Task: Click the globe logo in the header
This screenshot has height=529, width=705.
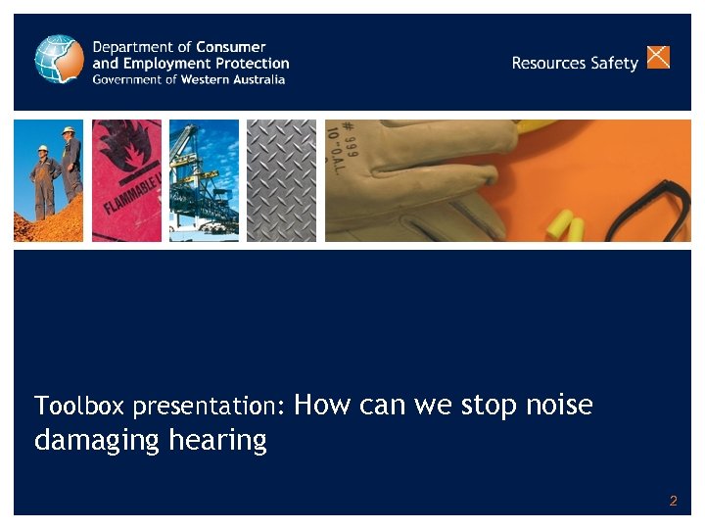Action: tap(60, 59)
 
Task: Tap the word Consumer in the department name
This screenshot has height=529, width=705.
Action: tap(231, 47)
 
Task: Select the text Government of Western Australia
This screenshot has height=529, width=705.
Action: tap(189, 79)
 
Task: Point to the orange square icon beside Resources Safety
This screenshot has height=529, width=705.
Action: tap(659, 57)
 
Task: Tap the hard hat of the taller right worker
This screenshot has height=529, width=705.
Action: tap(68, 130)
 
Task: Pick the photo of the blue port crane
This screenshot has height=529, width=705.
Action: tap(204, 180)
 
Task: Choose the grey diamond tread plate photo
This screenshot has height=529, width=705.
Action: tap(281, 180)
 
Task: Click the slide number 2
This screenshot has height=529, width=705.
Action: tap(673, 501)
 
